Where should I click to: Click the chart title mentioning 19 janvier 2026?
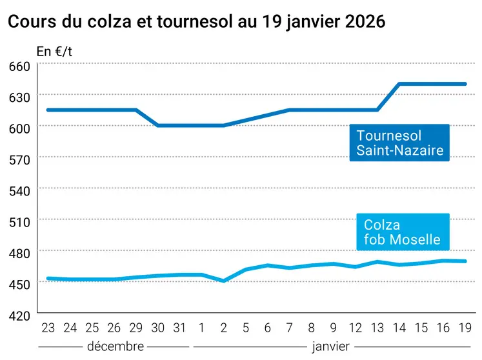pyautogui.click(x=196, y=21)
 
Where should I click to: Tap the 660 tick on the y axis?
pyautogui.click(x=20, y=66)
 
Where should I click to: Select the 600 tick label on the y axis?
pyautogui.click(x=20, y=128)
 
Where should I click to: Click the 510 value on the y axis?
pyautogui.click(x=20, y=221)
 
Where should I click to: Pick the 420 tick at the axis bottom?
pyautogui.click(x=20, y=315)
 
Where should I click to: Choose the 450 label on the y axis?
pyautogui.click(x=20, y=284)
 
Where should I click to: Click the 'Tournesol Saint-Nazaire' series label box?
pyautogui.click(x=399, y=143)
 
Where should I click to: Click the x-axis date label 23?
pyautogui.click(x=48, y=328)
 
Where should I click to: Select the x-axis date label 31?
pyautogui.click(x=179, y=328)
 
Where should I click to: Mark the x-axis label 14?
pyautogui.click(x=399, y=328)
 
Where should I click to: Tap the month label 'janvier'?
pyautogui.click(x=330, y=346)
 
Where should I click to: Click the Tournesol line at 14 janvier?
pyautogui.click(x=399, y=84)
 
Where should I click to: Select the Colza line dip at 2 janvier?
pyautogui.click(x=223, y=281)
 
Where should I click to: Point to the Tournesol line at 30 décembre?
pyautogui.click(x=157, y=125)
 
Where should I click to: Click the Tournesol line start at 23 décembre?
pyautogui.click(x=48, y=110)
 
